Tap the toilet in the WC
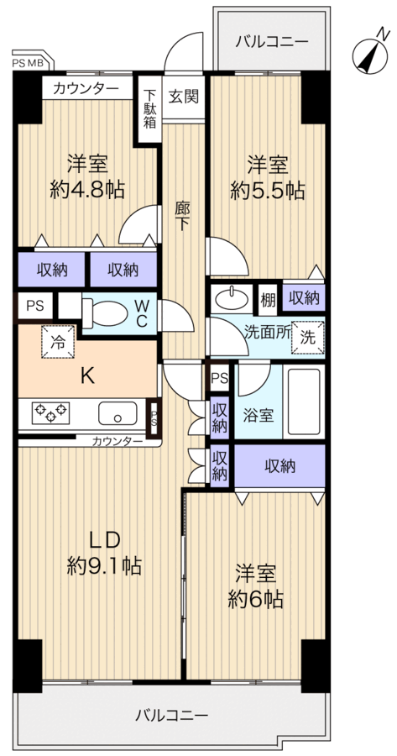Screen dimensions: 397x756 [105, 314]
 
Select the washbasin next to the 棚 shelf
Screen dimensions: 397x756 [232, 299]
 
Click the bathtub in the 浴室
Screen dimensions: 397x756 [304, 402]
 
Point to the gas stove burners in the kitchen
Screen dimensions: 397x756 [50, 412]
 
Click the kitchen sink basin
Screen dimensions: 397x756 [118, 413]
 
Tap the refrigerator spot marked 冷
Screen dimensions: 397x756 [58, 342]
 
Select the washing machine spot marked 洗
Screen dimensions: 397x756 [307, 338]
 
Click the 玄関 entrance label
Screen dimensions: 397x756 [184, 97]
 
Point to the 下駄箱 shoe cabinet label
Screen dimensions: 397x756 [150, 108]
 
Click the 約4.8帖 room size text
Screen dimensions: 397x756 [87, 189]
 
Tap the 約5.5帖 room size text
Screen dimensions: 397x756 [268, 190]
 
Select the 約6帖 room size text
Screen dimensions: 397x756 [255, 599]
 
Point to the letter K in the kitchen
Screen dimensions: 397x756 [87, 375]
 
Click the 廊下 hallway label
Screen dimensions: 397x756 [182, 216]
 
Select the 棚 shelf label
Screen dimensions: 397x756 [269, 299]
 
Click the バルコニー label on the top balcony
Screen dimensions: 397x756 [272, 41]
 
